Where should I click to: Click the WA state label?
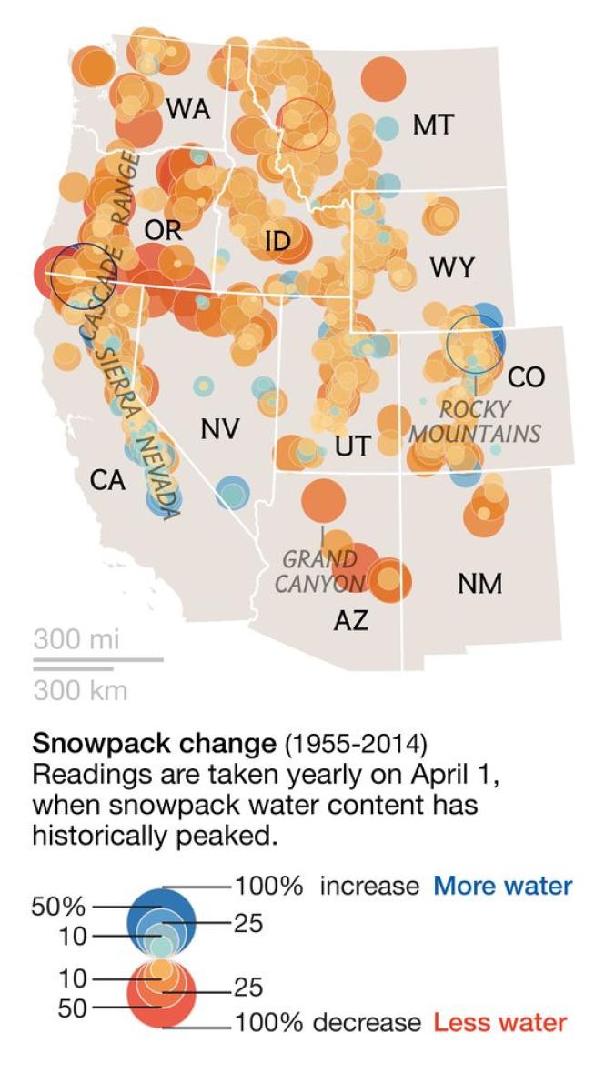pos(188,109)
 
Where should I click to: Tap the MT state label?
pos(432,125)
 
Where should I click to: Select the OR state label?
pos(163,230)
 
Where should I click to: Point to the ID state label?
pos(277,241)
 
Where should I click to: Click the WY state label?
pos(452,268)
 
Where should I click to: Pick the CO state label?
pos(527,376)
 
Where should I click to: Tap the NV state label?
pos(220,427)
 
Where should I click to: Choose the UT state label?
pos(352,446)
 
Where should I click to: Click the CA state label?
pos(107,479)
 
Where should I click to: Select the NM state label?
pos(479,583)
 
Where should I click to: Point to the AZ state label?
pos(350,621)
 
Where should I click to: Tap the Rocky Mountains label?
pos(474,420)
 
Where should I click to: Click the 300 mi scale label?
pos(76,639)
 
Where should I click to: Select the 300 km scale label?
pos(80,690)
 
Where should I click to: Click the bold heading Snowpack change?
pos(154,743)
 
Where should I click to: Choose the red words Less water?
pos(499,1022)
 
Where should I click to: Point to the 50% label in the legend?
pos(58,907)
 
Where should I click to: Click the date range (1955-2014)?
pos(355,743)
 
